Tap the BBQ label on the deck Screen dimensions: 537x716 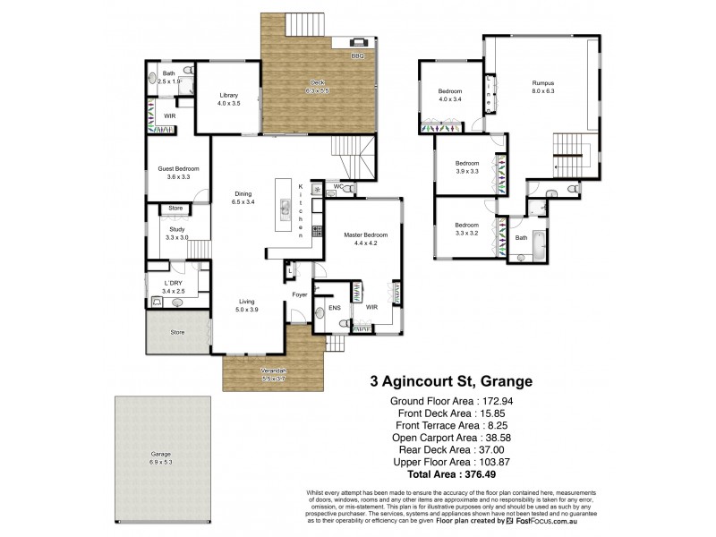pos(357,56)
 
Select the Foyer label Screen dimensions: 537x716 pos(300,294)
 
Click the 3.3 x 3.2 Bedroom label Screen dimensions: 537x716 pos(466,228)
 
